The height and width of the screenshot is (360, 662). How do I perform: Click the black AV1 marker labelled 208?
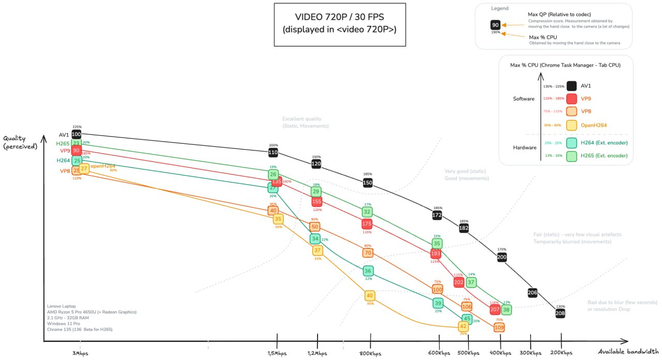coord(560,313)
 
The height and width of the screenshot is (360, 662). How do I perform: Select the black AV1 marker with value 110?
coord(273,152)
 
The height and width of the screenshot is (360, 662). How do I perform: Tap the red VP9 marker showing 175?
coord(367,224)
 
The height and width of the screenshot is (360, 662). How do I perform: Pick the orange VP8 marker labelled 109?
coord(499,327)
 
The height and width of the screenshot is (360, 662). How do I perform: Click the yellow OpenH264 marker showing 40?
coord(370,295)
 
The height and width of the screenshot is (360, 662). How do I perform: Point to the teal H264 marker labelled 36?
coord(368,271)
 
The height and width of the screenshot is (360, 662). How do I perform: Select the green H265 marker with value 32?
coord(367,212)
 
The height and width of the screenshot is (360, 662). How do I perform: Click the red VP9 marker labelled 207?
coord(495,309)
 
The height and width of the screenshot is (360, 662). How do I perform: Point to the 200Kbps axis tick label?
coord(561,353)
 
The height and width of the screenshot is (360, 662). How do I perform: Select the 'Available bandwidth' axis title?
coord(628,352)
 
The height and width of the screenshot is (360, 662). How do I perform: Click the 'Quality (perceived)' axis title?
coord(21,142)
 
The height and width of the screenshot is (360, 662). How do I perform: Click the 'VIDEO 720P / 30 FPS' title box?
coord(339,24)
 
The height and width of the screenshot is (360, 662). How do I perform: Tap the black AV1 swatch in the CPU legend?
coord(571,86)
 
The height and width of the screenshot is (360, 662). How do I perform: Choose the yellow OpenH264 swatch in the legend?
coord(571,125)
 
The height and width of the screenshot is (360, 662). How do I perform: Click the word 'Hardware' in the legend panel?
coord(524,147)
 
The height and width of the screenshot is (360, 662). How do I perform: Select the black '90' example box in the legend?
coord(495,25)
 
